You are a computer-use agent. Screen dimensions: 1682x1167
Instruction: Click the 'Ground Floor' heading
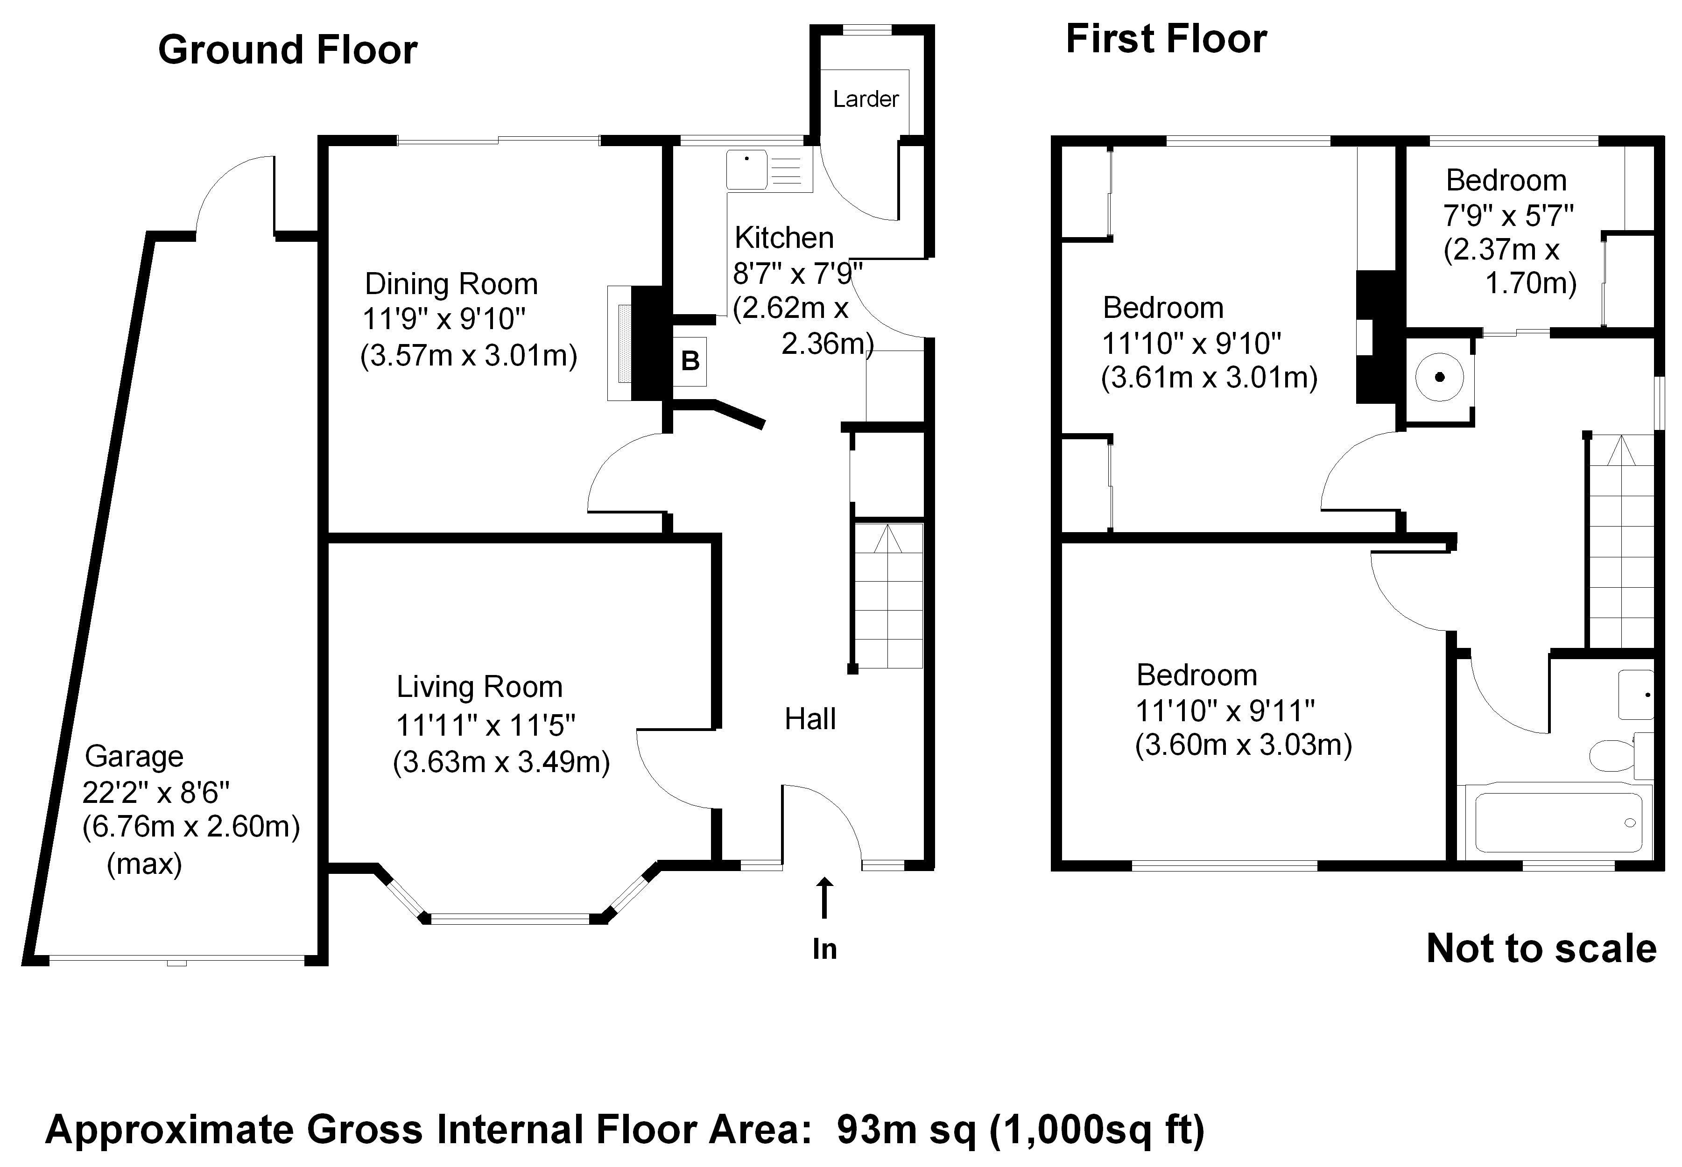pyautogui.click(x=288, y=50)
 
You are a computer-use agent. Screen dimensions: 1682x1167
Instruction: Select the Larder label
pyautogui.click(x=866, y=98)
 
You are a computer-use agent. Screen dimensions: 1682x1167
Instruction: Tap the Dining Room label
pyautogui.click(x=451, y=284)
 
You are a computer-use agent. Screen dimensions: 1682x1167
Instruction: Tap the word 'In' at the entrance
pyautogui.click(x=824, y=949)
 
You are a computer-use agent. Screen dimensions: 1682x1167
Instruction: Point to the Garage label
pyautogui.click(x=134, y=757)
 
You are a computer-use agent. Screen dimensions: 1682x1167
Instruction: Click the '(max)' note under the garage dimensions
pyautogui.click(x=144, y=865)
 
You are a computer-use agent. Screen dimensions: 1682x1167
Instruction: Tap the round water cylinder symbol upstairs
pyautogui.click(x=1440, y=377)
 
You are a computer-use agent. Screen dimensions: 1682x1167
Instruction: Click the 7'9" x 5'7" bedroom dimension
pyautogui.click(x=1508, y=216)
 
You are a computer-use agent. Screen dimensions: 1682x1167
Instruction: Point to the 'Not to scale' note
pyautogui.click(x=1541, y=949)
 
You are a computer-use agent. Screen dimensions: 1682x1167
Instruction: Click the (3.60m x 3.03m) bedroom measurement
pyautogui.click(x=1243, y=745)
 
